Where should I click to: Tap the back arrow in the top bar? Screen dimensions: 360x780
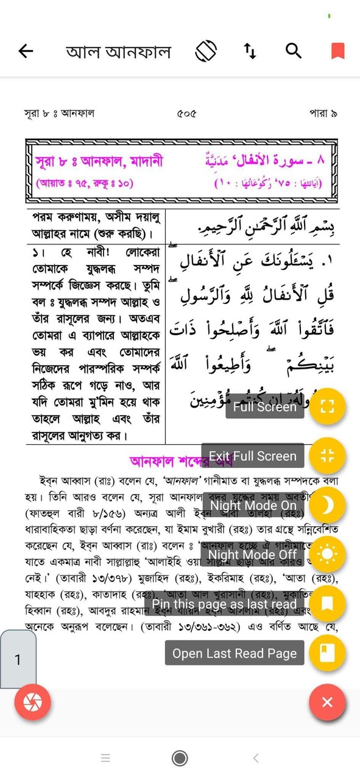pyautogui.click(x=26, y=51)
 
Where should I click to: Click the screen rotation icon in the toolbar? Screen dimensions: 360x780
pyautogui.click(x=206, y=51)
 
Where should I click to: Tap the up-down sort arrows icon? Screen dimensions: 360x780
pyautogui.click(x=250, y=51)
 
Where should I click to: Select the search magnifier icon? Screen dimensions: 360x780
pyautogui.click(x=294, y=51)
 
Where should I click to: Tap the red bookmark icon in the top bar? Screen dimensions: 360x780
pyautogui.click(x=337, y=51)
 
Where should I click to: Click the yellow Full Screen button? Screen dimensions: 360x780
pyautogui.click(x=327, y=406)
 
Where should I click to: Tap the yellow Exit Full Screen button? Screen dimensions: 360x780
pyautogui.click(x=327, y=456)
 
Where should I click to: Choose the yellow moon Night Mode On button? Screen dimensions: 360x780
pyautogui.click(x=327, y=505)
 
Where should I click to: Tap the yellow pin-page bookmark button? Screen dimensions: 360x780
pyautogui.click(x=327, y=603)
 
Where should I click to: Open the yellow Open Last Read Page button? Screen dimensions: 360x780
pyautogui.click(x=327, y=653)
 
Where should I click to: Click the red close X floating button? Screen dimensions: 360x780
pyautogui.click(x=327, y=702)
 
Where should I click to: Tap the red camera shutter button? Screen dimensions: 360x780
pyautogui.click(x=32, y=702)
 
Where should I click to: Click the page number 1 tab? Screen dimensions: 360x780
pyautogui.click(x=18, y=659)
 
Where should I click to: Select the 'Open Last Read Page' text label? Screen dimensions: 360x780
pyautogui.click(x=235, y=653)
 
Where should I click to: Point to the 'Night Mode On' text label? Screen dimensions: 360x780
pyautogui.click(x=253, y=505)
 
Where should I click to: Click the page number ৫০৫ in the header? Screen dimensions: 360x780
pyautogui.click(x=186, y=113)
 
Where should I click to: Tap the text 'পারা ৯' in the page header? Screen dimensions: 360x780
pyautogui.click(x=323, y=113)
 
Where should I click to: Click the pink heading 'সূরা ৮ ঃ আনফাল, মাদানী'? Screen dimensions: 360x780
pyautogui.click(x=99, y=162)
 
